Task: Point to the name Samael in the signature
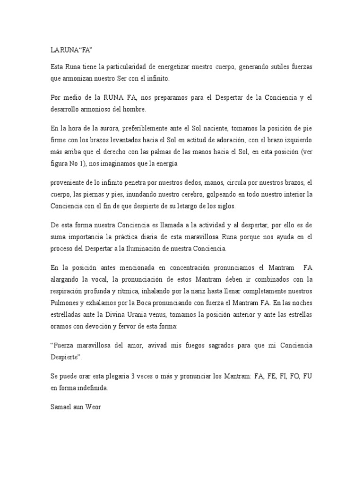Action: pyautogui.click(x=62, y=405)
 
